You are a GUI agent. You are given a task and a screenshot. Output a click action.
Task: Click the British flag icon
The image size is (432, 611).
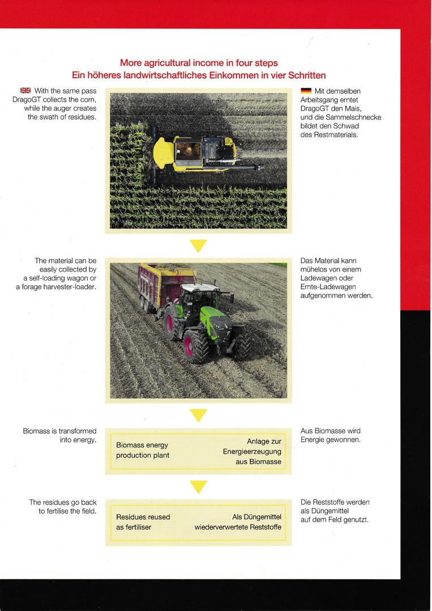click(25, 91)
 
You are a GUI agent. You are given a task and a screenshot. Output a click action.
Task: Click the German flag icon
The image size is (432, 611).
click(306, 91)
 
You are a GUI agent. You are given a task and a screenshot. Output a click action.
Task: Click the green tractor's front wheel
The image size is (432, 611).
click(242, 343)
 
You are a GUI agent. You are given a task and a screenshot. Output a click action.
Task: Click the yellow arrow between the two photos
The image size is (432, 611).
click(198, 246)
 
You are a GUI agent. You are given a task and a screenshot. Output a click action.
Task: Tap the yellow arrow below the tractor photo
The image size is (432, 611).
click(198, 416)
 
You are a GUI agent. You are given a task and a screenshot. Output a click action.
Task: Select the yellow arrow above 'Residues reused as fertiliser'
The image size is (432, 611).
click(198, 487)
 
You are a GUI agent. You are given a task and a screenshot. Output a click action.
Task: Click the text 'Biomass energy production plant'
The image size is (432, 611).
click(142, 450)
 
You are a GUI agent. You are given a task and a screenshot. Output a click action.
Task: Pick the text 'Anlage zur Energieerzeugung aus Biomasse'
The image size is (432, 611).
click(252, 451)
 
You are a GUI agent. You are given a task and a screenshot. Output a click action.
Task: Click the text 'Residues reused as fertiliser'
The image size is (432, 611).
click(143, 522)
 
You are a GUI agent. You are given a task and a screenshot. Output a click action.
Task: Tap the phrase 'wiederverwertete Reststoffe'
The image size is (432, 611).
click(238, 527)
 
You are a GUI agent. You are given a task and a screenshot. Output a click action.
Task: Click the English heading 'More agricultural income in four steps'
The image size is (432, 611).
click(199, 63)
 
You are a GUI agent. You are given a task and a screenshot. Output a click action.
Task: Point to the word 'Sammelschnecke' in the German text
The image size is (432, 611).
click(353, 117)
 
